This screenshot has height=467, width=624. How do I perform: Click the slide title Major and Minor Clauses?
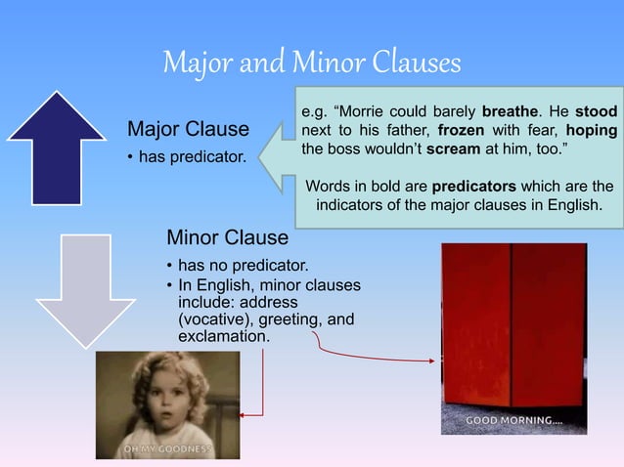click(311, 64)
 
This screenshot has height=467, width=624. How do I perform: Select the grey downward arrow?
click(57, 289)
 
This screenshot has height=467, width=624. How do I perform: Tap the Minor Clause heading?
click(227, 237)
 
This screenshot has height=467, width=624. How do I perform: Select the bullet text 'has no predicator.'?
click(243, 265)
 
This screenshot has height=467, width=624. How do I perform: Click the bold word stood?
click(596, 112)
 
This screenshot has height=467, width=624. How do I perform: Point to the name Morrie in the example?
click(367, 112)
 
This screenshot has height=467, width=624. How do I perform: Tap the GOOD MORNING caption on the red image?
click(513, 421)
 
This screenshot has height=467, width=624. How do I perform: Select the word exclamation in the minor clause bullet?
click(221, 336)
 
